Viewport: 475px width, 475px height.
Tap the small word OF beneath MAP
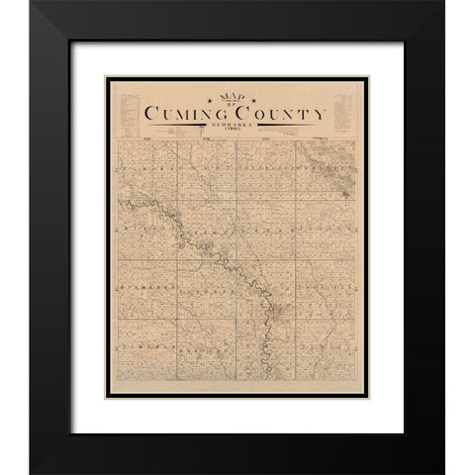[x=227, y=104]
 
